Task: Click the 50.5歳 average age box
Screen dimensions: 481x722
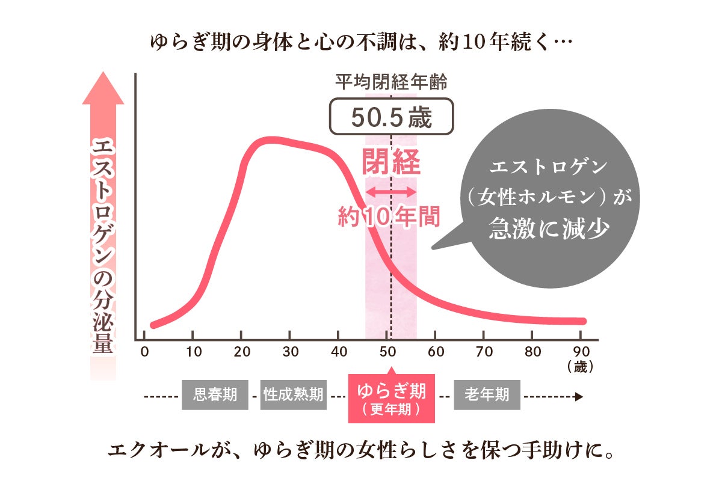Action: coord(391,117)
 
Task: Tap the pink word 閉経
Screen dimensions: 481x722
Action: coord(391,162)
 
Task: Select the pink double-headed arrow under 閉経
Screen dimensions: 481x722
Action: coord(391,192)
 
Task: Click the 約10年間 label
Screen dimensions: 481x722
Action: coord(389,216)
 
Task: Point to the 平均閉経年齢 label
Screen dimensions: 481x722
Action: coord(391,82)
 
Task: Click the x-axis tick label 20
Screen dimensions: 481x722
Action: coord(241,352)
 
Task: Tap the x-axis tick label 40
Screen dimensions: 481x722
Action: coord(339,352)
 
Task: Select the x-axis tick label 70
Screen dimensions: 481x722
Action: coord(484,352)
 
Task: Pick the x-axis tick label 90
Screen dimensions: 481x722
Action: coord(581,352)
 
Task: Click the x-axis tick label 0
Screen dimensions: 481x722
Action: coord(144,352)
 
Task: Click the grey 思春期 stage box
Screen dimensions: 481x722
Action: coord(215,395)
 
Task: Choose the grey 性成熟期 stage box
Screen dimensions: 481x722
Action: coord(293,395)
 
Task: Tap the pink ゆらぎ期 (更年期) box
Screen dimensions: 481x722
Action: coord(391,397)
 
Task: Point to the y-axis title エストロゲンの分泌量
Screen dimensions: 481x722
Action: coord(103,247)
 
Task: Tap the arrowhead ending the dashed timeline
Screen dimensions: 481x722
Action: coord(579,396)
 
